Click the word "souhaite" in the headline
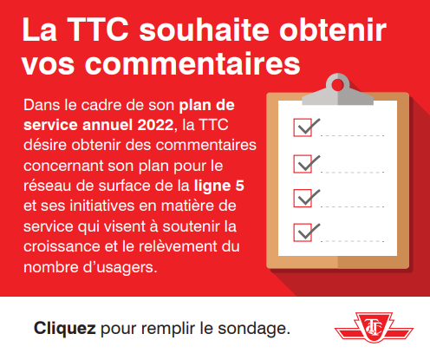pos(205,29)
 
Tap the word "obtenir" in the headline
pos(333,29)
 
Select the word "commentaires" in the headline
pos(192,63)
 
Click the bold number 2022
pos(155,125)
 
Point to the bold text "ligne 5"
pos(219,187)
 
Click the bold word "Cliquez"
pos(65,329)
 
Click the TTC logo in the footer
pos(374,327)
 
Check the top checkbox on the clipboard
pos(303,128)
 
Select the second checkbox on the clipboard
pos(303,164)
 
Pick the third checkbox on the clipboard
pos(303,198)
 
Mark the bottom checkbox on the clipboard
pos(303,232)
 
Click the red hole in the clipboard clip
pos(337,85)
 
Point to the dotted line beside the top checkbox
pos(352,135)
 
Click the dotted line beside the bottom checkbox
pos(352,241)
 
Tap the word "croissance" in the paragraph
pos(62,246)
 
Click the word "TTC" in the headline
pos(99,29)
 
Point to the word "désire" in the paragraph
pos(45,145)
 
